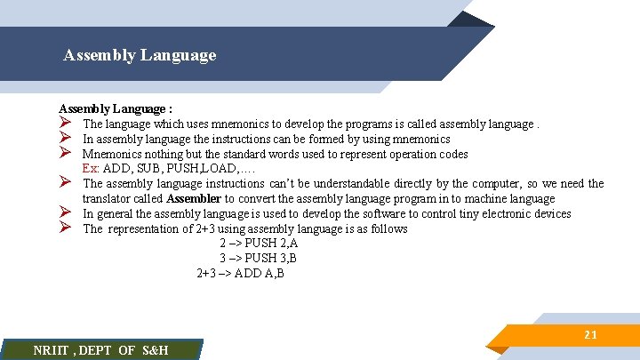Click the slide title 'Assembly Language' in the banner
pyautogui.click(x=140, y=55)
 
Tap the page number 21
pyautogui.click(x=590, y=335)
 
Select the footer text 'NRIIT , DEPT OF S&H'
pyautogui.click(x=100, y=350)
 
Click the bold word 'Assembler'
pyautogui.click(x=193, y=198)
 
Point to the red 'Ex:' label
pyautogui.click(x=91, y=168)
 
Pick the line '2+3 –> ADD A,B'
pyautogui.click(x=240, y=274)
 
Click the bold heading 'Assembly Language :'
pyautogui.click(x=116, y=108)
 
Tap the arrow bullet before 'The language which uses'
pyautogui.click(x=65, y=124)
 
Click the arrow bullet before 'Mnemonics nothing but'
pyautogui.click(x=65, y=153)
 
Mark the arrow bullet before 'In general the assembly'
pyautogui.click(x=65, y=213)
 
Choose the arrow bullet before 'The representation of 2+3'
pyautogui.click(x=65, y=228)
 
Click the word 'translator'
pyautogui.click(x=107, y=198)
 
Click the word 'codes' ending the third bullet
pyautogui.click(x=452, y=153)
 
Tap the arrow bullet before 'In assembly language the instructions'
pyautogui.click(x=65, y=139)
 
